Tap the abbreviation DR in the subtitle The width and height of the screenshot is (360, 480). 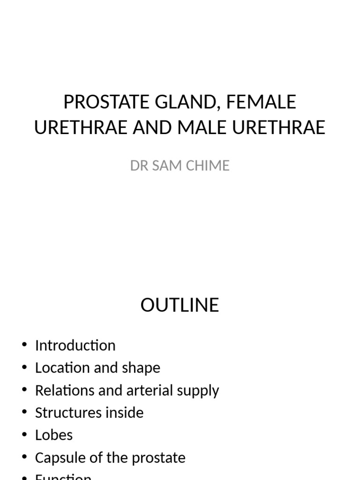pos(139,165)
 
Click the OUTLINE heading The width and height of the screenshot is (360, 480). pos(180,305)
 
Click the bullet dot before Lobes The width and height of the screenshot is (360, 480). pos(24,435)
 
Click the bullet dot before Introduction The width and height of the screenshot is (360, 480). pos(24,345)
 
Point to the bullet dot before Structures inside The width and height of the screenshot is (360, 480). pos(24,412)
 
